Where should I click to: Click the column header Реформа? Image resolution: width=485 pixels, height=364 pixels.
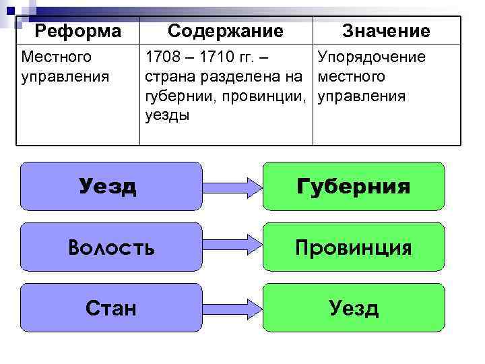78,31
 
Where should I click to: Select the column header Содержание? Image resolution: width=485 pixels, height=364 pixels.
225,31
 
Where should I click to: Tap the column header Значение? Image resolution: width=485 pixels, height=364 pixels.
385,31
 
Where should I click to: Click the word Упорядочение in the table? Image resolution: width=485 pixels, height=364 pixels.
371,57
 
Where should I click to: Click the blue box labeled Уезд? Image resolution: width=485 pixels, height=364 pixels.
111,186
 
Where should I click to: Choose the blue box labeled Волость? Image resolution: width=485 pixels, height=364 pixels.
111,247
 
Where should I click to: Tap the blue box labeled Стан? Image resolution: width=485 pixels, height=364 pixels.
111,308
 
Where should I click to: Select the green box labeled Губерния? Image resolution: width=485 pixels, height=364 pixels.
354,186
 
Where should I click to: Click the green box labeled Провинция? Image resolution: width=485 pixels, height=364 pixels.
354,247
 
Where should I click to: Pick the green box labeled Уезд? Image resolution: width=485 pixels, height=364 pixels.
354,308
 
